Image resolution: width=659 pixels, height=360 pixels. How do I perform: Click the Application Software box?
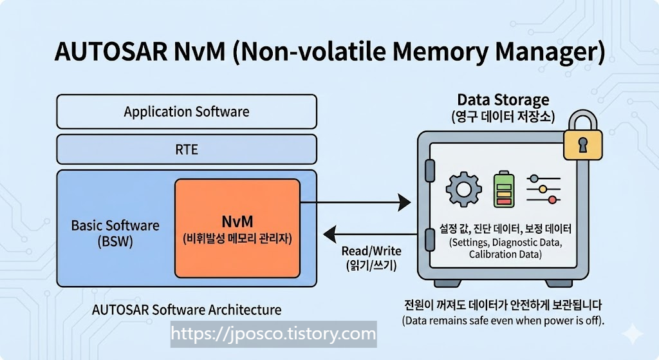pyautogui.click(x=187, y=111)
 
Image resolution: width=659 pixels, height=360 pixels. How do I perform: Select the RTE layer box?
pyautogui.click(x=187, y=149)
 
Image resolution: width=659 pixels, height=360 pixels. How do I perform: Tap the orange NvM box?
pyautogui.click(x=237, y=229)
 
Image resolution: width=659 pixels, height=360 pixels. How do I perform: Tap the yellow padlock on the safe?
pyautogui.click(x=582, y=140)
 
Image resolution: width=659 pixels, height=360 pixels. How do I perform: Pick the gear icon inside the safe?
pyautogui.click(x=463, y=190)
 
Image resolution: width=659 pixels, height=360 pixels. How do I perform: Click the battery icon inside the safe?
pyautogui.click(x=503, y=190)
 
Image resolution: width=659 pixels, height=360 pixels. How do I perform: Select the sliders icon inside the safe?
pyautogui.click(x=541, y=189)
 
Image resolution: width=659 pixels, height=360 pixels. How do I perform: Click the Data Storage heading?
pyautogui.click(x=503, y=100)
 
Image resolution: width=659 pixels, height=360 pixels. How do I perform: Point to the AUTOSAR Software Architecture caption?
pyautogui.click(x=187, y=309)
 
